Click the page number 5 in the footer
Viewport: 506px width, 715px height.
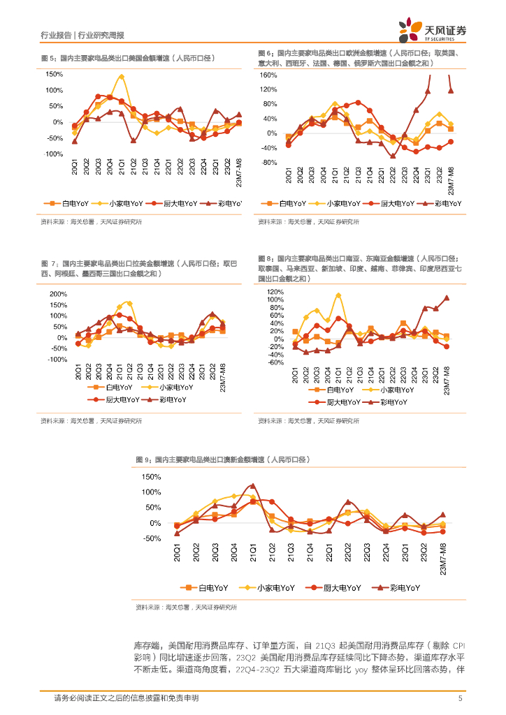click(x=460, y=698)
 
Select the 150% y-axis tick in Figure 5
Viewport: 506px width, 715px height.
click(x=54, y=74)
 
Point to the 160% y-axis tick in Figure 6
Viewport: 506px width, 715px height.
click(x=268, y=75)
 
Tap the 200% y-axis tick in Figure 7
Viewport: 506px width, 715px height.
click(x=57, y=294)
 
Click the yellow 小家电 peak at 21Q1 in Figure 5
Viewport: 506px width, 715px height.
click(x=122, y=77)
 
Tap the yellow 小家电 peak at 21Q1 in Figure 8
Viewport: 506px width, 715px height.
click(x=338, y=295)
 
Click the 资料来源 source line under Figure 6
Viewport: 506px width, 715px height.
click(x=308, y=222)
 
